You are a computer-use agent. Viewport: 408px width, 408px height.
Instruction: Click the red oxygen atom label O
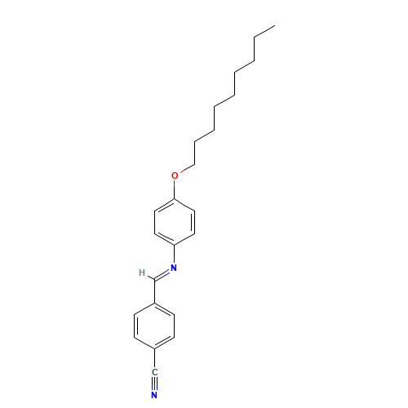point(175,175)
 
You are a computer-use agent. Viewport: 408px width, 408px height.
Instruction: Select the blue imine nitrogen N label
point(174,268)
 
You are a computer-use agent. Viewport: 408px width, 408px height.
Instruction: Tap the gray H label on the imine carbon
point(142,273)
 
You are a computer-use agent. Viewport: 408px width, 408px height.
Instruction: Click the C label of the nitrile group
point(154,372)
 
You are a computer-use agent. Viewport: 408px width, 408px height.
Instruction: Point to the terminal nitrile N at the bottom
point(154,395)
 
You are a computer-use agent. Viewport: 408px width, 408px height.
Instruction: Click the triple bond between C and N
point(154,384)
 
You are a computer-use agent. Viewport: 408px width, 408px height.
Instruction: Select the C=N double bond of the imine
point(162,275)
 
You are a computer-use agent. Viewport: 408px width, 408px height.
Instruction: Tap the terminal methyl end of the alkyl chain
point(275,26)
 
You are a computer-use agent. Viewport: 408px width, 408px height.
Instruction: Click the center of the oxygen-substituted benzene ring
point(175,222)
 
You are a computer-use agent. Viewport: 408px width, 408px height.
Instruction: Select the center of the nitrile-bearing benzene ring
point(154,326)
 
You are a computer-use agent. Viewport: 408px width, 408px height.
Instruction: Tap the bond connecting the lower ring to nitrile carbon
point(154,359)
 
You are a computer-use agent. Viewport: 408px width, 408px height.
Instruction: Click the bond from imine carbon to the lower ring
point(155,291)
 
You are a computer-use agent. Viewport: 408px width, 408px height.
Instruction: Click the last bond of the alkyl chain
point(264,32)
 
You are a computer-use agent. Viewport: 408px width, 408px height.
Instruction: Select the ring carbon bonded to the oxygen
point(175,199)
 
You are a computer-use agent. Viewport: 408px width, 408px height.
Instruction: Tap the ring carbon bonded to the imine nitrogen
point(175,245)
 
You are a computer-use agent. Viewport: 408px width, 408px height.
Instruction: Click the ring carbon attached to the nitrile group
point(154,349)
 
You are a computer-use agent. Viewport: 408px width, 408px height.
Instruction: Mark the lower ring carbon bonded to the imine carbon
point(155,303)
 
